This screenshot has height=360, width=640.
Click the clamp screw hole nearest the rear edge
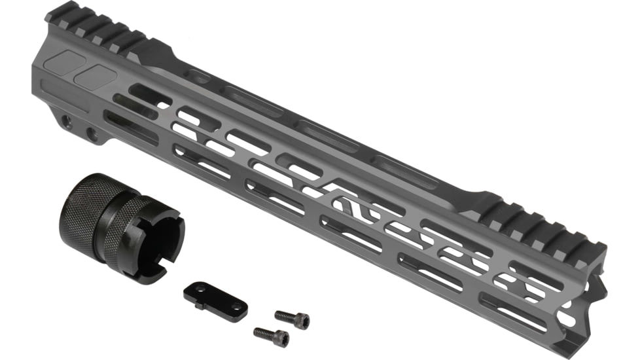pos(66,121)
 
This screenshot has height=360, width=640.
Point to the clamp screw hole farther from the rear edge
pos(92,135)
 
